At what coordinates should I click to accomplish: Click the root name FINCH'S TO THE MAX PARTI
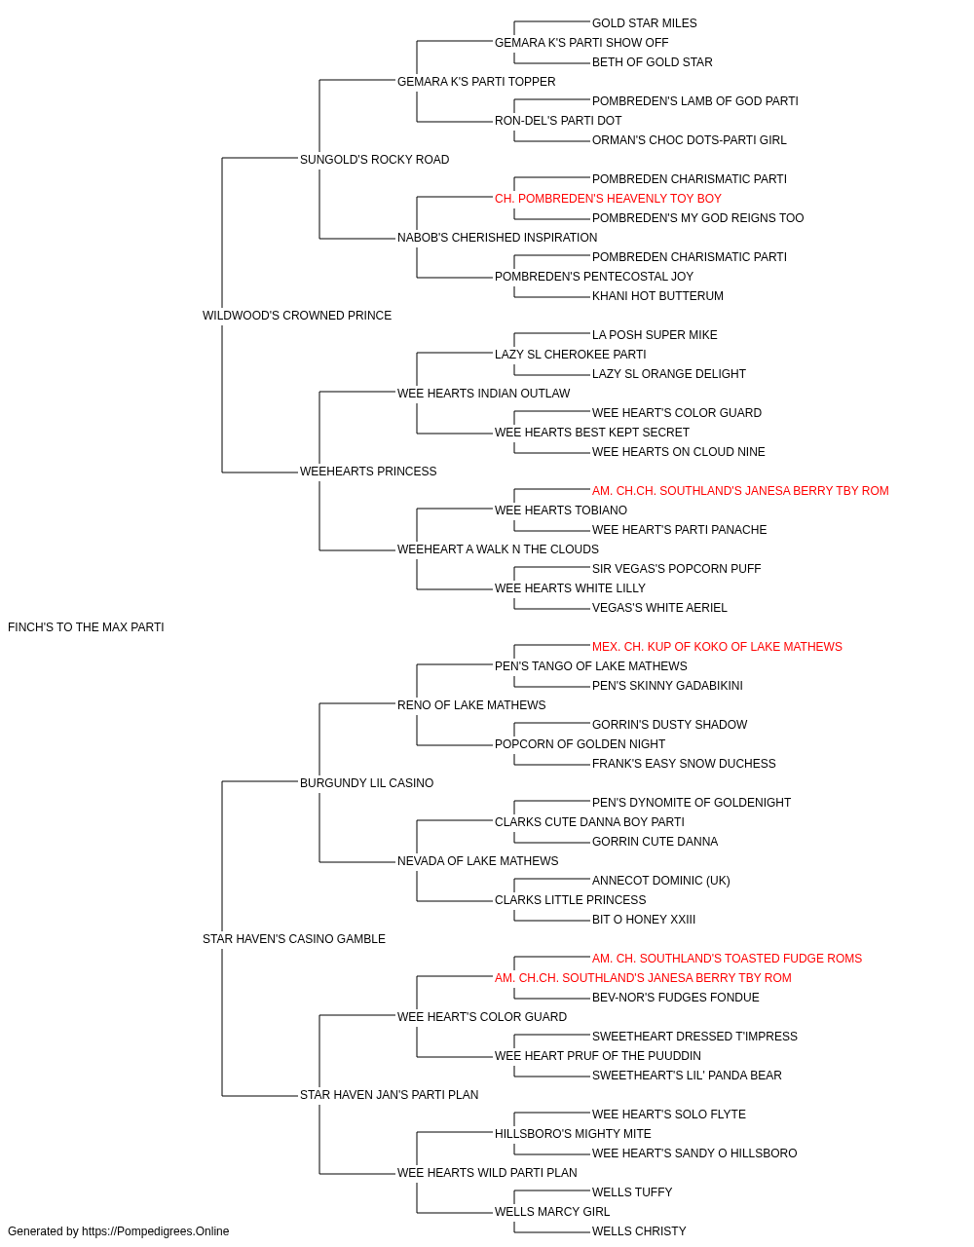click(86, 627)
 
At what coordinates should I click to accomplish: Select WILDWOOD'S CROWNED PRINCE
click(296, 316)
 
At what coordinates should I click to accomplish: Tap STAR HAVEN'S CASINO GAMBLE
click(294, 939)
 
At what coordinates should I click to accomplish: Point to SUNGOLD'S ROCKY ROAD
click(374, 160)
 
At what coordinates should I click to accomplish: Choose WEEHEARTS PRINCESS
click(368, 472)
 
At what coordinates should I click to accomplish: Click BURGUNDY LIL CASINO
click(366, 783)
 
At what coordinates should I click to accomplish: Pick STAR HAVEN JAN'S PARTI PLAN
click(389, 1095)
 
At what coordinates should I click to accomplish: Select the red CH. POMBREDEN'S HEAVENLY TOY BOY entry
click(608, 199)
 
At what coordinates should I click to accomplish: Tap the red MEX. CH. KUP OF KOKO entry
click(717, 647)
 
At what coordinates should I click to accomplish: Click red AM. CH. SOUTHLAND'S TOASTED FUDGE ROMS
click(727, 959)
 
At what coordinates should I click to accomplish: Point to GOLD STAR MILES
click(644, 23)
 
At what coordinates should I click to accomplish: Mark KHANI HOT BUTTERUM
click(657, 296)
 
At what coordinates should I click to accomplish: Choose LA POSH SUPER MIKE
click(655, 335)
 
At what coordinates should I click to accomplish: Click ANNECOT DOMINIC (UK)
click(660, 881)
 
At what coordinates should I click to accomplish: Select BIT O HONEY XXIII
click(644, 920)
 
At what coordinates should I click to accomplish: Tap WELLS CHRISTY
click(639, 1231)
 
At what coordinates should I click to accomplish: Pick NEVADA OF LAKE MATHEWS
click(477, 861)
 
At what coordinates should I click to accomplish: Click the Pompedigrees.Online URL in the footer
click(155, 1231)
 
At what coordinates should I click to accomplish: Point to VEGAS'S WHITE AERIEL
click(659, 608)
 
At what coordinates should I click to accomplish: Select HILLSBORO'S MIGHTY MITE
click(573, 1134)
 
